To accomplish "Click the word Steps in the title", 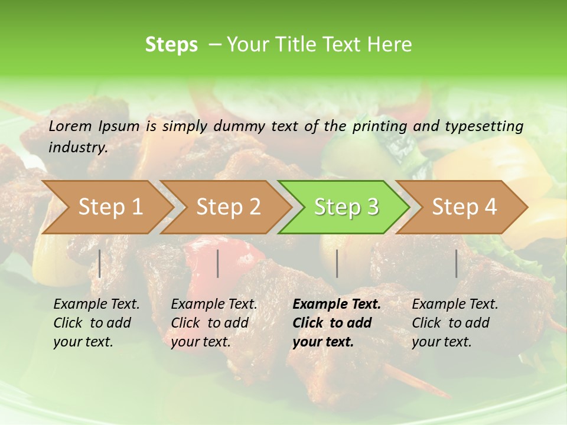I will point(171,45).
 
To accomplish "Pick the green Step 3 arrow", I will point(346,207).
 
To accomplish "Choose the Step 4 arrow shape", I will point(464,207).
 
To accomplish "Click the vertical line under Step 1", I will point(100,263).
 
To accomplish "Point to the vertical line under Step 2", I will point(218,263).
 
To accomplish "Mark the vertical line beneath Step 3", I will point(337,263).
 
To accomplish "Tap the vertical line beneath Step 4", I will point(457,263).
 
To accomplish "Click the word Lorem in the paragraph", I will point(70,126).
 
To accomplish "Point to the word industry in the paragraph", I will point(78,148).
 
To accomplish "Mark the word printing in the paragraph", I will point(380,126).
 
